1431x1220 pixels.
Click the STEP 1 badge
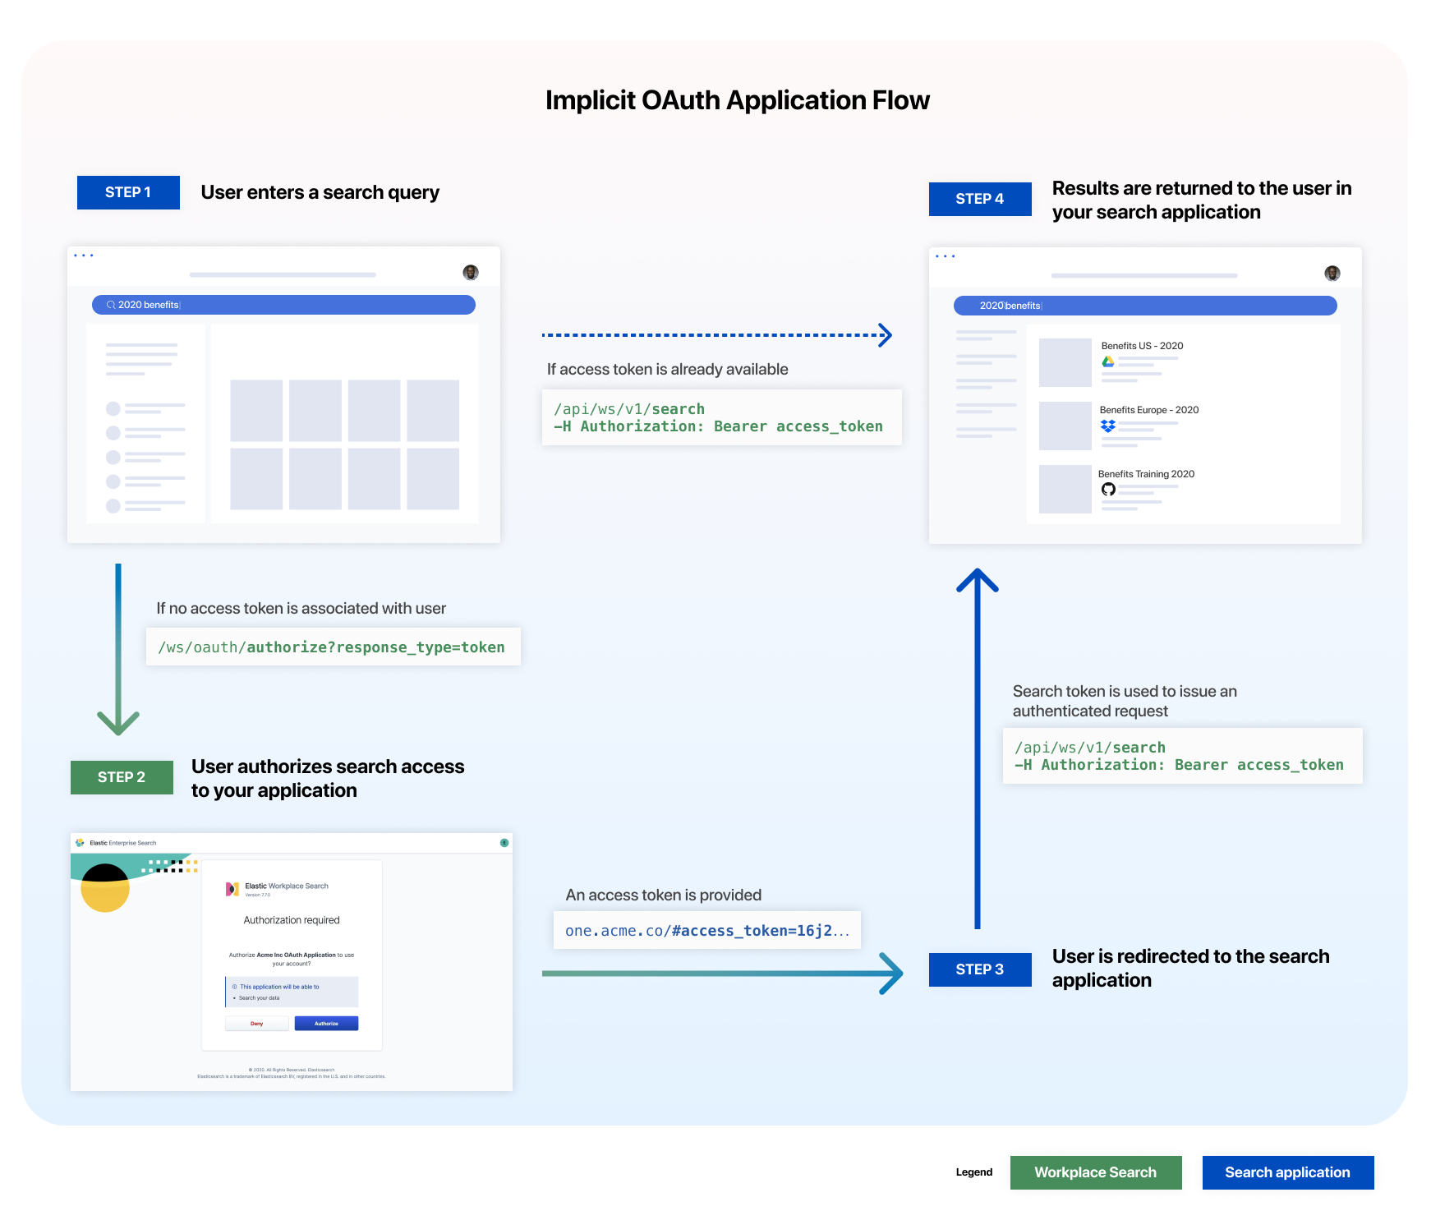[128, 192]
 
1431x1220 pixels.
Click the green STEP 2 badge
[122, 777]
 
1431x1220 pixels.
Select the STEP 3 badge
[980, 969]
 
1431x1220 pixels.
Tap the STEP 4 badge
[980, 199]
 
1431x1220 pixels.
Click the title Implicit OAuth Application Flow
[737, 100]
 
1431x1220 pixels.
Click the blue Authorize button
[326, 1024]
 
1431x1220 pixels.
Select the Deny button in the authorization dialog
[257, 1024]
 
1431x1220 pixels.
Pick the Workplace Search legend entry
[1095, 1172]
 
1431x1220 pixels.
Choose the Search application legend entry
[1287, 1172]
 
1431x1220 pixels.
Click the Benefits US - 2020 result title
[1142, 346]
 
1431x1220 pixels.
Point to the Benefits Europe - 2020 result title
[1148, 410]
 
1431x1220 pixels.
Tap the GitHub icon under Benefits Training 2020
[1108, 490]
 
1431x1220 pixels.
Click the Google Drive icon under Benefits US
[1108, 361]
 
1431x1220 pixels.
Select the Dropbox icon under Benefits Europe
[1108, 426]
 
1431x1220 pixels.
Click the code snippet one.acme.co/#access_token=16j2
[706, 930]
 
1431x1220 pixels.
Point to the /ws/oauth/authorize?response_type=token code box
[333, 647]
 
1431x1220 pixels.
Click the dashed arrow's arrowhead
[885, 335]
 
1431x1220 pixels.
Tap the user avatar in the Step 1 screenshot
[471, 272]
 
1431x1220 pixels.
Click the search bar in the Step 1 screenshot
[283, 305]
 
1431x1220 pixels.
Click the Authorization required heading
[292, 920]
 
